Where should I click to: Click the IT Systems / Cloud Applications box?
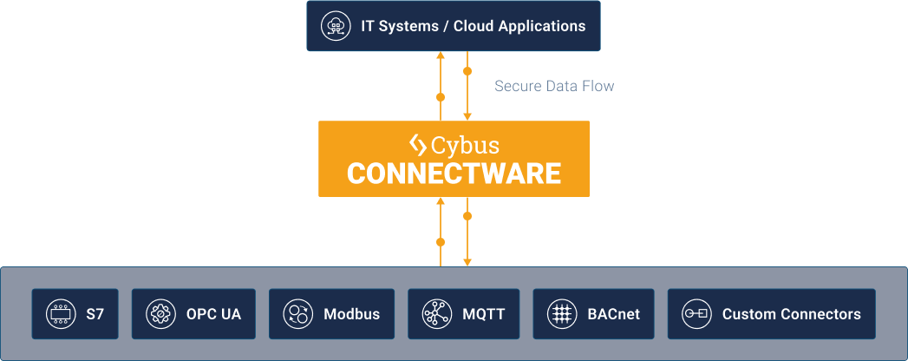[454, 26]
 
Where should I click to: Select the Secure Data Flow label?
[554, 86]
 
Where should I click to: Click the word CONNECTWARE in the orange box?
[454, 173]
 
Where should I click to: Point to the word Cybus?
[467, 144]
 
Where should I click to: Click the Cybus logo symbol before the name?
[418, 144]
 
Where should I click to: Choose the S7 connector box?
[75, 314]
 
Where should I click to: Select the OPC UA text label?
[213, 314]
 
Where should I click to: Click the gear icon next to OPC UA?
[160, 314]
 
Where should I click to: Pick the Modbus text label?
[351, 314]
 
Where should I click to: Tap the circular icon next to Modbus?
[298, 314]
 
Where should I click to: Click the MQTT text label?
[485, 314]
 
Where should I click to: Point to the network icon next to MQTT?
[435, 314]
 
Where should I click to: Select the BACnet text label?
[614, 314]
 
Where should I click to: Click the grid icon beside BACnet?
[562, 314]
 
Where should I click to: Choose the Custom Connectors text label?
[791, 314]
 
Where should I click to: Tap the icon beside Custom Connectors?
[696, 314]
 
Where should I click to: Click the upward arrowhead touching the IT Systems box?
[441, 56]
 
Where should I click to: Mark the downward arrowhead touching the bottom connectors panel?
[467, 261]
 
